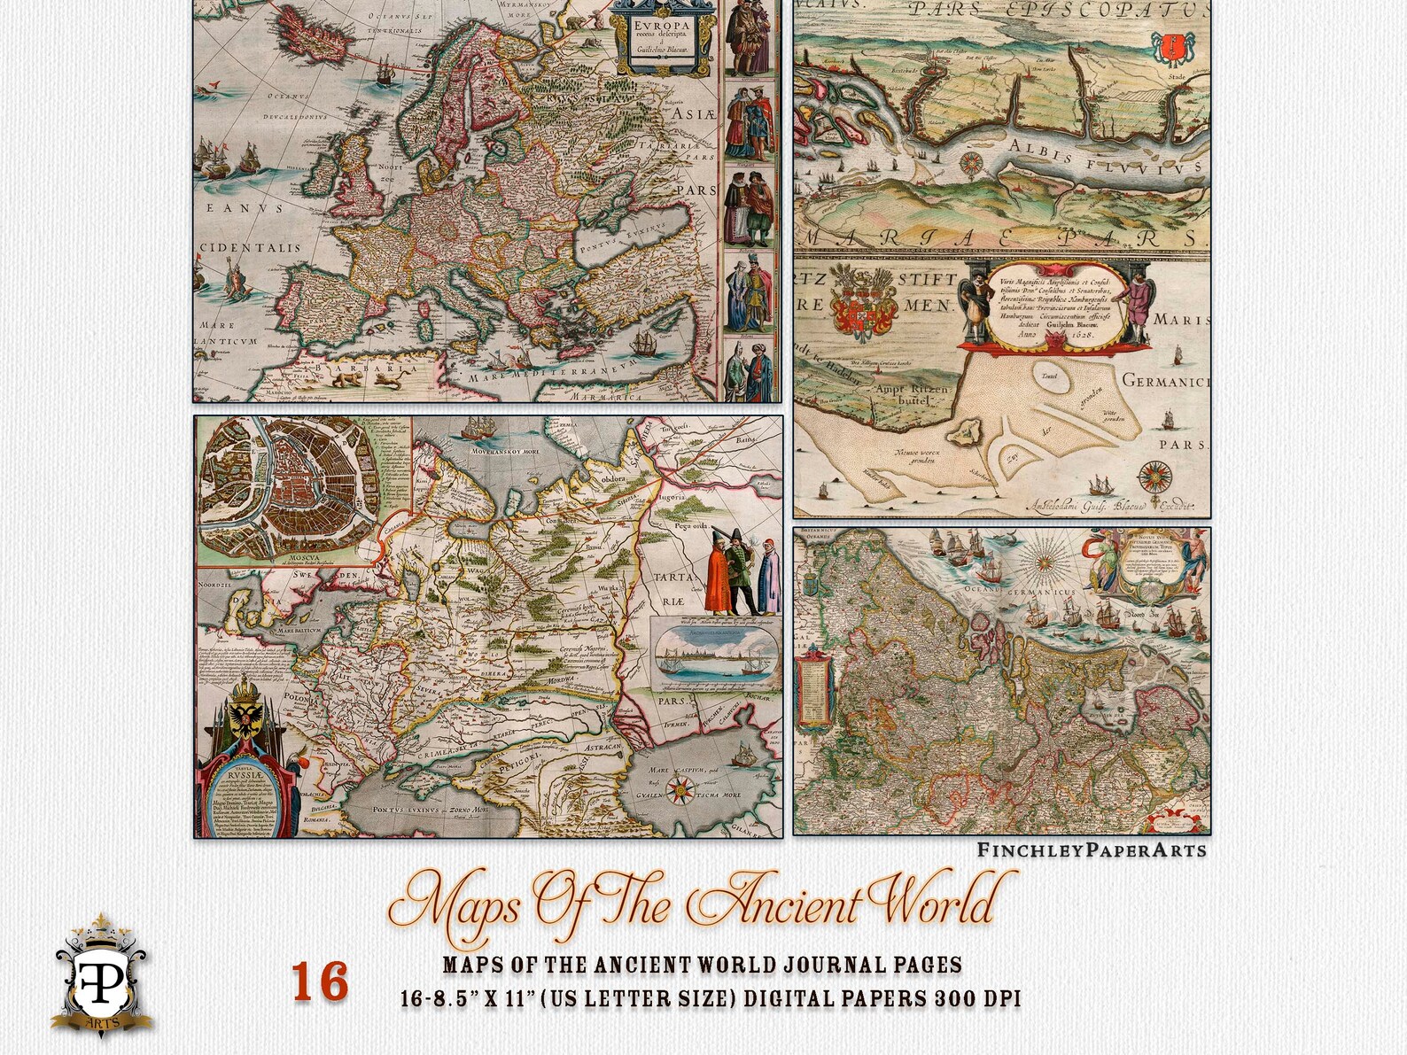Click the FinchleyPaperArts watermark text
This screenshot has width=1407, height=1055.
coord(1092,850)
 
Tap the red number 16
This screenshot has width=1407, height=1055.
coord(320,982)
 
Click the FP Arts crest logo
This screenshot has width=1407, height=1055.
coord(101,975)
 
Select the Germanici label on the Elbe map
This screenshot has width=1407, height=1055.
coord(1165,381)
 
